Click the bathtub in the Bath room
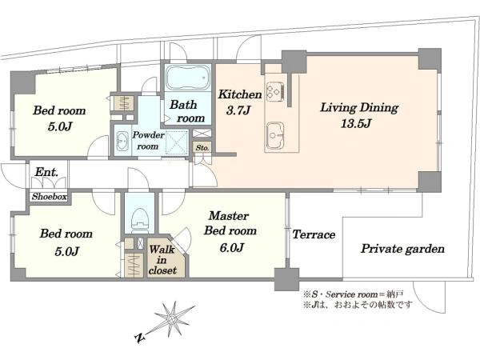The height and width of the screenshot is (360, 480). pos(188,78)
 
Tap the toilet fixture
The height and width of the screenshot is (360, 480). pos(140,218)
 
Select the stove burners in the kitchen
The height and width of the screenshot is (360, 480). pos(275,91)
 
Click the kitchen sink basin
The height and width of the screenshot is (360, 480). pos(275,135)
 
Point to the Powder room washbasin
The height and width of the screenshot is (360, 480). pos(122,141)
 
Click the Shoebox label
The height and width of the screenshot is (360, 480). pos(50,197)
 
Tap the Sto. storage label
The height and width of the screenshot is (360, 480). pos(202,147)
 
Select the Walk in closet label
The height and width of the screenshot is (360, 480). pos(162,259)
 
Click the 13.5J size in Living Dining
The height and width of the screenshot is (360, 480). pos(356,123)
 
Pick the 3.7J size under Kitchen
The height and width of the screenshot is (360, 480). pos(238,110)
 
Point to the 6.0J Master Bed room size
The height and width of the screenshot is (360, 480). pos(231,247)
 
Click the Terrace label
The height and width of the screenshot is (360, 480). pos(314,234)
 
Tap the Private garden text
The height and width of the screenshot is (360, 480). pos(402,249)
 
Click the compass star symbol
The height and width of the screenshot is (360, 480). pos(174,318)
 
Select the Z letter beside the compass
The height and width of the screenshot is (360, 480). pos(140,338)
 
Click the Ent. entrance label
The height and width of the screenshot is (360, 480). pos(46,172)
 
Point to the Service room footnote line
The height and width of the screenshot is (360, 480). pos(353,294)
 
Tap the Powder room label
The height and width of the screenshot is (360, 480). pos(148,141)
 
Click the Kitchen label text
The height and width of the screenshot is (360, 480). pos(240,94)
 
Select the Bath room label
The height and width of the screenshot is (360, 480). pos(187,111)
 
